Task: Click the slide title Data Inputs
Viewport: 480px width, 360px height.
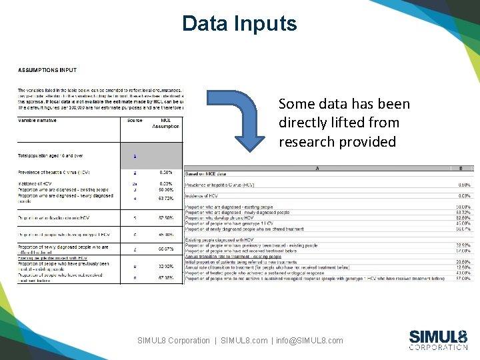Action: coord(239,24)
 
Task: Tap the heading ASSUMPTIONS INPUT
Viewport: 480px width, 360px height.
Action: coord(47,69)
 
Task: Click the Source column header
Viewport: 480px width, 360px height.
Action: coord(135,121)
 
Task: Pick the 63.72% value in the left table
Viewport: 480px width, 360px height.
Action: coord(166,198)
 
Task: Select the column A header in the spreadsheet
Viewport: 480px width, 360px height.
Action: coord(316,169)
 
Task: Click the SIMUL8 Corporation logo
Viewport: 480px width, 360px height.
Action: coord(437,339)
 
